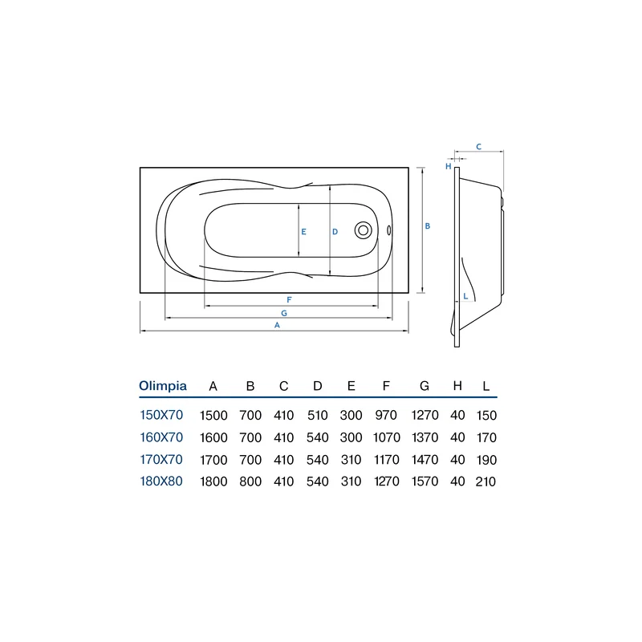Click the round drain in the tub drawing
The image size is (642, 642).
(x=364, y=230)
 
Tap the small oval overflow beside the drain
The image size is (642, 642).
(x=389, y=230)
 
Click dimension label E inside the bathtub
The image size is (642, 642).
(x=303, y=232)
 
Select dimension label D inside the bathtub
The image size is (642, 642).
(x=335, y=232)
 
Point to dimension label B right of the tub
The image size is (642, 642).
(x=428, y=226)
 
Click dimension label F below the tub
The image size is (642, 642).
(x=289, y=299)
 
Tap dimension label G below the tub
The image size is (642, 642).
(x=284, y=313)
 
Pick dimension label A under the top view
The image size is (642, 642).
(x=277, y=325)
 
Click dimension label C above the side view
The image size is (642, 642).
(x=478, y=147)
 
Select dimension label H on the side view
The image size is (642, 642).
(x=449, y=166)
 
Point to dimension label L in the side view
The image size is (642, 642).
(x=465, y=296)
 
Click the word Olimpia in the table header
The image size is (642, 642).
(x=163, y=386)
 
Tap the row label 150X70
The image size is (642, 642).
(x=161, y=415)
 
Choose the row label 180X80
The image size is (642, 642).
(x=161, y=481)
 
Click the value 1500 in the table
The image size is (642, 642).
(x=213, y=415)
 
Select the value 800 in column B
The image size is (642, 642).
(x=250, y=481)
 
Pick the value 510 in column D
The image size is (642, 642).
(x=317, y=415)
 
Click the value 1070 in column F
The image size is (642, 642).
(x=387, y=437)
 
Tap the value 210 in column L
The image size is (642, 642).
(x=486, y=481)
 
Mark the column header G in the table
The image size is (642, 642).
(x=425, y=386)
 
